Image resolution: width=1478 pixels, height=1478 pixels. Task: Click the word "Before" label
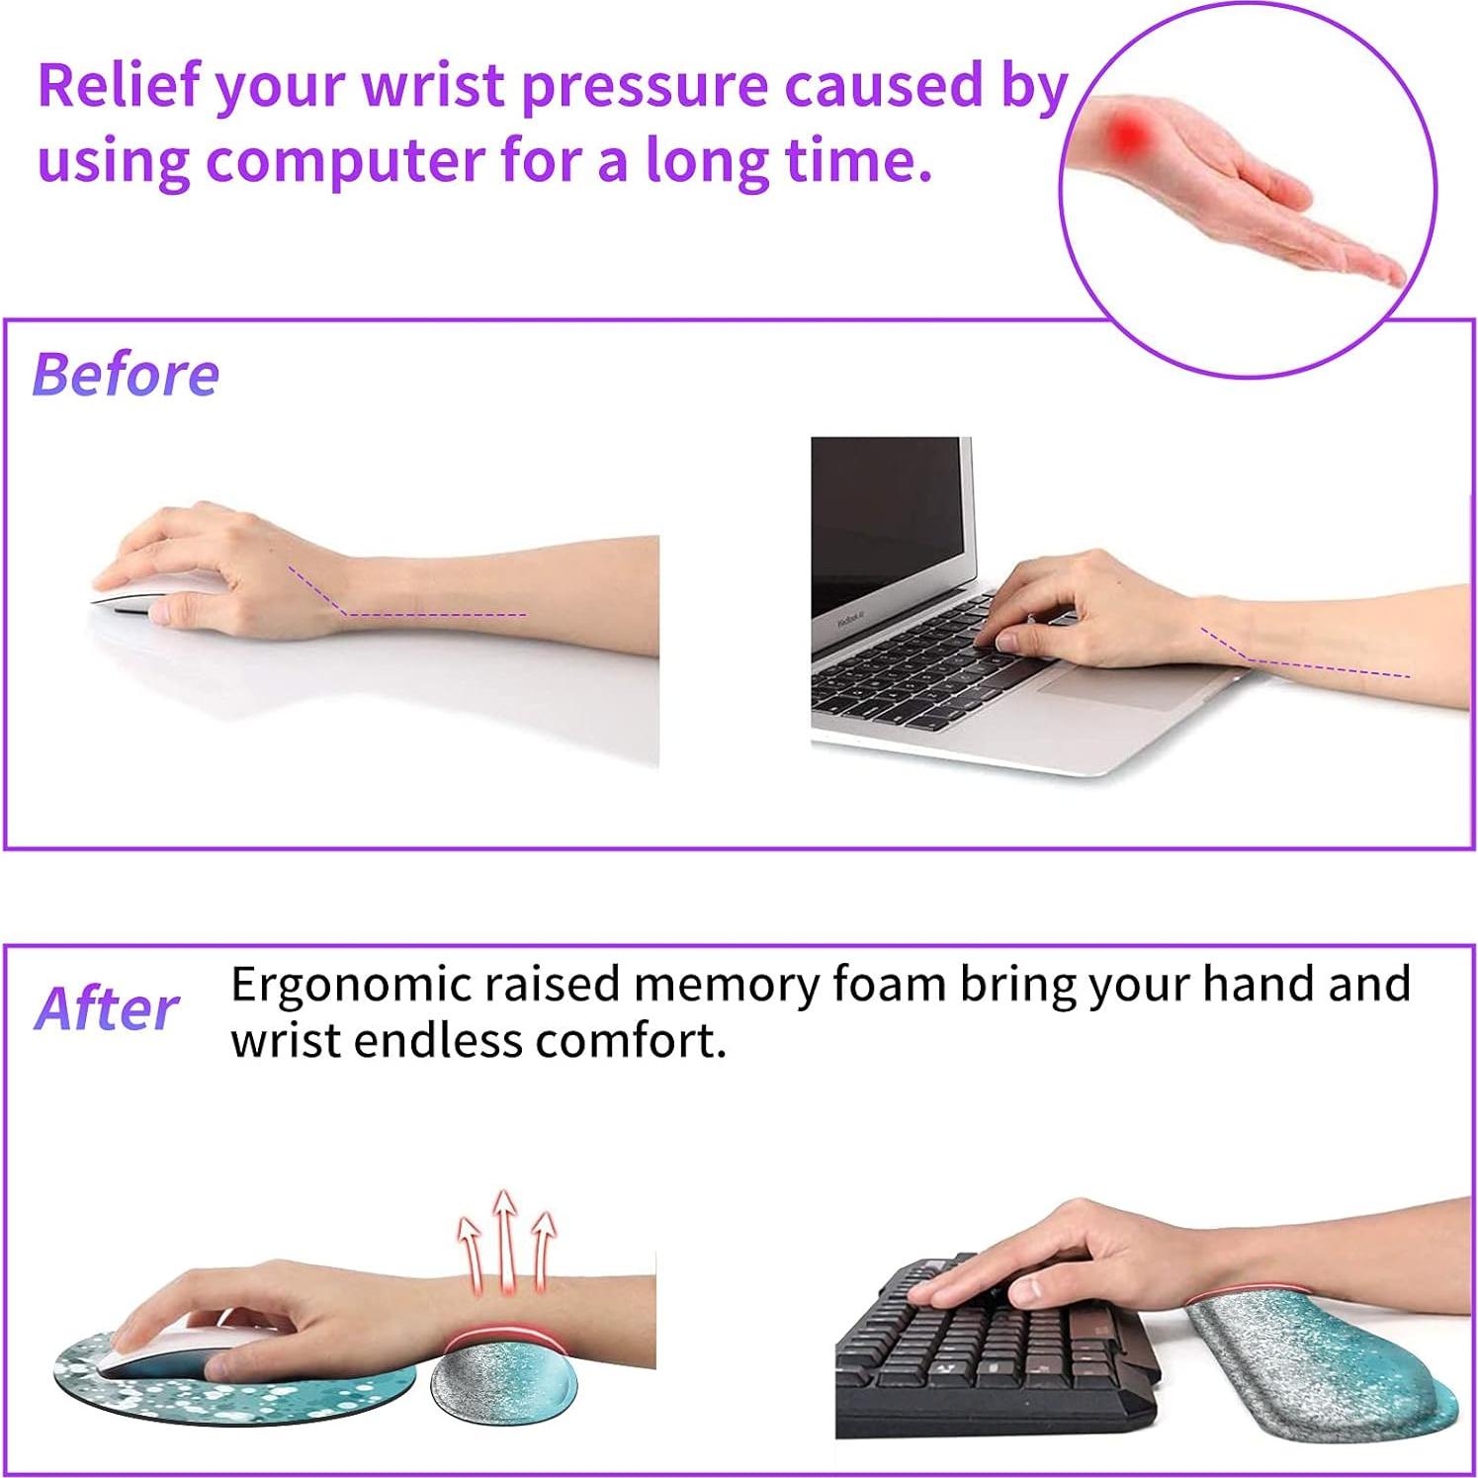tap(126, 375)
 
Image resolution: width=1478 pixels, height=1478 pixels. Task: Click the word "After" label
tap(107, 1009)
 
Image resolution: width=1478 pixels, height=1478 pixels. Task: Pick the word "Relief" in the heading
tap(119, 86)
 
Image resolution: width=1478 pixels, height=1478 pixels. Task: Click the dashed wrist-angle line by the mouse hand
tap(415, 613)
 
